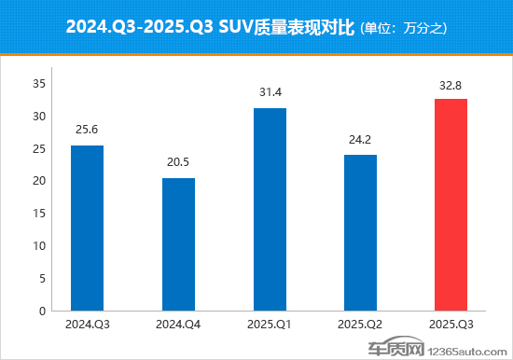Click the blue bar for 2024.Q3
click(87, 228)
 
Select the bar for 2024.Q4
click(178, 243)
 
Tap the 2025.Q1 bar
click(270, 209)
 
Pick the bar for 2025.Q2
click(361, 232)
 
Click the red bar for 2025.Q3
click(451, 204)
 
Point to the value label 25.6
click(87, 129)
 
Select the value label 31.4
click(270, 91)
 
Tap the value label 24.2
click(361, 138)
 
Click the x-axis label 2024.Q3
click(87, 325)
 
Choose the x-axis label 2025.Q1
click(270, 325)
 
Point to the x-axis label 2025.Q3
click(451, 325)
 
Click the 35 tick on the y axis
click(39, 84)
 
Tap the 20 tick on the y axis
click(39, 181)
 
